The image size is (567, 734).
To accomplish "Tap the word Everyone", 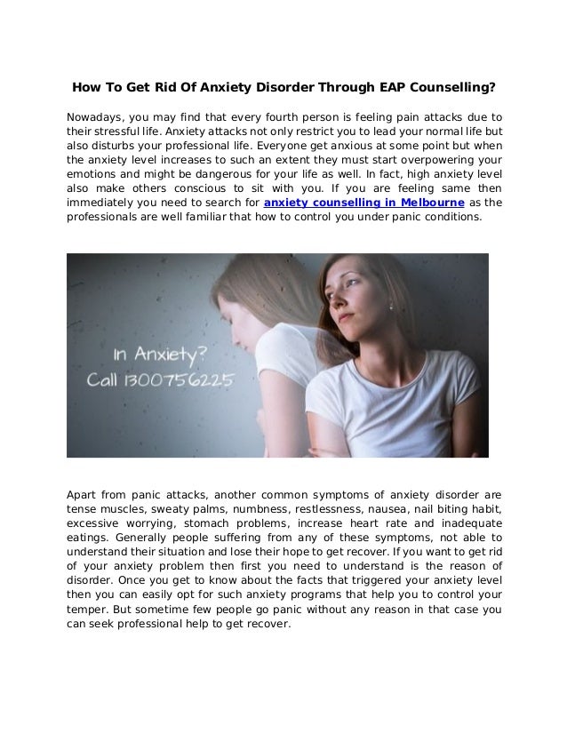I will click(285, 146).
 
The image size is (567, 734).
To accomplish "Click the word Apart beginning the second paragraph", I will click(84, 494).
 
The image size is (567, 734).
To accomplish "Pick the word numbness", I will click(250, 508).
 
